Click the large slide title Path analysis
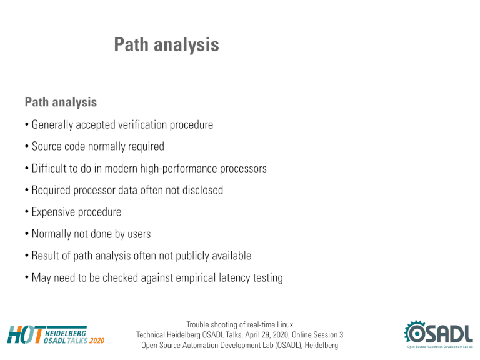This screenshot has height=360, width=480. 166,45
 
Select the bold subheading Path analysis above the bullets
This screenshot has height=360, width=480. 61,102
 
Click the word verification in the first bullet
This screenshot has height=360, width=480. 142,124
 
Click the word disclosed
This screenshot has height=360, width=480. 202,190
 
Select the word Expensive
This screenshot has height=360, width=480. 52,212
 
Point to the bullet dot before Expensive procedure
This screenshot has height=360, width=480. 27,212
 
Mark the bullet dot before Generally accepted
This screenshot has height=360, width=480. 27,125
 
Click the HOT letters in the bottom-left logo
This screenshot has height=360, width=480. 25,334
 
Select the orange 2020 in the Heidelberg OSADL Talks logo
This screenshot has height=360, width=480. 97,341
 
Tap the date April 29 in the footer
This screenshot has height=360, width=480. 257,335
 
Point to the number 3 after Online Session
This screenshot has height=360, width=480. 341,335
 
